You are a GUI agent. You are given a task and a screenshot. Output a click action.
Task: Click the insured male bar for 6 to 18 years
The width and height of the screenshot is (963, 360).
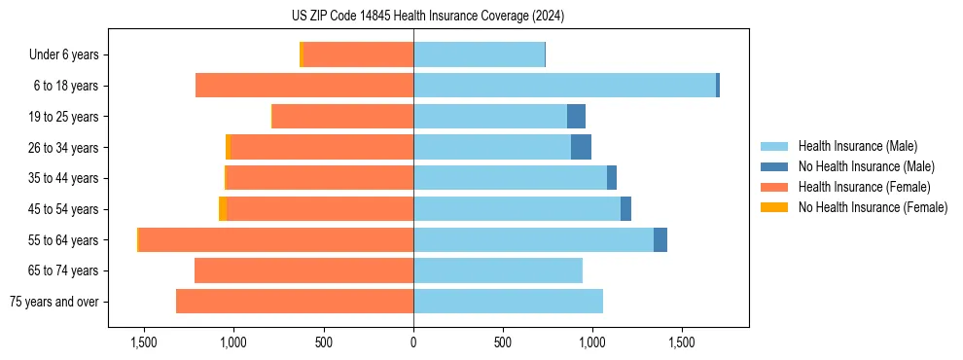[x=564, y=86]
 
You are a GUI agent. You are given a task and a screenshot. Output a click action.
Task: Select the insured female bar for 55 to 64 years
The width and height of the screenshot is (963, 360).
[x=276, y=240]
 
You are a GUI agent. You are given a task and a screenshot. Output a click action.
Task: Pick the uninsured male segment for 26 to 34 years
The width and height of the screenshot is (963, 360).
[x=581, y=148]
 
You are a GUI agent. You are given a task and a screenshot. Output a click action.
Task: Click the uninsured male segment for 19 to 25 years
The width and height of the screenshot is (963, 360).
[x=576, y=117]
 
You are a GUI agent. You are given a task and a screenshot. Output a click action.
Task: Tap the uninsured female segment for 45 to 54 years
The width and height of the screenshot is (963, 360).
[x=223, y=209]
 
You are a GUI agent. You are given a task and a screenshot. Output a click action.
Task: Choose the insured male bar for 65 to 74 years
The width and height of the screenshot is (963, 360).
[x=498, y=270]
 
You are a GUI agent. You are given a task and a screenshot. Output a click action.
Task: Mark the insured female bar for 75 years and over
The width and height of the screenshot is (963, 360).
[x=295, y=302]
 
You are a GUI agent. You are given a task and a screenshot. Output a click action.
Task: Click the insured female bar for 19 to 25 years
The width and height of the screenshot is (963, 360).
[x=342, y=117]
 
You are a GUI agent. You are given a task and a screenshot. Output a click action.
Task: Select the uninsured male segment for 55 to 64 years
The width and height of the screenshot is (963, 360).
[x=660, y=240]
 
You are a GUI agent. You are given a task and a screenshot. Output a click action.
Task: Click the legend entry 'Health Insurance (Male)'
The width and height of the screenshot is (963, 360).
[x=857, y=146]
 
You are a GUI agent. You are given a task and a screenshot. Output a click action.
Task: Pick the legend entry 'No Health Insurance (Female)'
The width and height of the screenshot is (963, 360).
[x=873, y=207]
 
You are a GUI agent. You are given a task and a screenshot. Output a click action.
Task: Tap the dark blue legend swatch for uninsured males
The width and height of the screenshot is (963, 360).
[x=774, y=166]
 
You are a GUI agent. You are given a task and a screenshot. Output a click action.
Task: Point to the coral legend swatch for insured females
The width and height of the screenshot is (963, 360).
[x=774, y=187]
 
